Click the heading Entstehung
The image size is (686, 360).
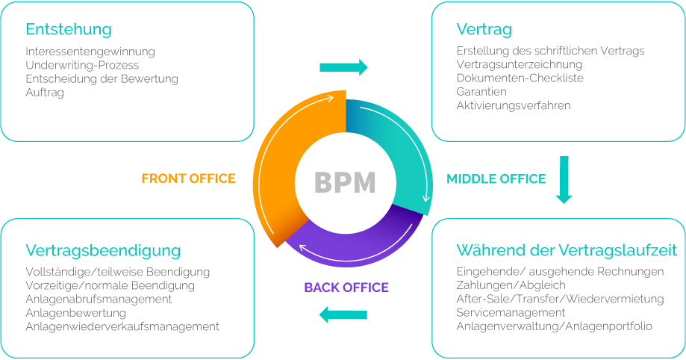[x=69, y=30]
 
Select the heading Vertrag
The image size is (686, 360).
[x=484, y=30]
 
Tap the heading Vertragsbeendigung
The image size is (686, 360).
[x=103, y=250]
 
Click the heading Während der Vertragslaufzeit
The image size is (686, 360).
[x=567, y=250]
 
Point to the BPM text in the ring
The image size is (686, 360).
[x=344, y=181]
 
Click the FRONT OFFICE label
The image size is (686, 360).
[x=188, y=179]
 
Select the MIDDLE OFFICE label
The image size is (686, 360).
[x=496, y=179]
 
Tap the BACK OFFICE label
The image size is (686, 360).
[x=346, y=288]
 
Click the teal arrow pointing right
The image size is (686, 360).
[x=343, y=67]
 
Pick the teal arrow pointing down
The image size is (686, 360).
[x=564, y=179]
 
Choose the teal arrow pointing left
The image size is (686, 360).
[x=343, y=315]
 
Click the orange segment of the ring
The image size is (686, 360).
[x=287, y=157]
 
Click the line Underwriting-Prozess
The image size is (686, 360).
[x=81, y=65]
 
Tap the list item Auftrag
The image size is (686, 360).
[x=45, y=93]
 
